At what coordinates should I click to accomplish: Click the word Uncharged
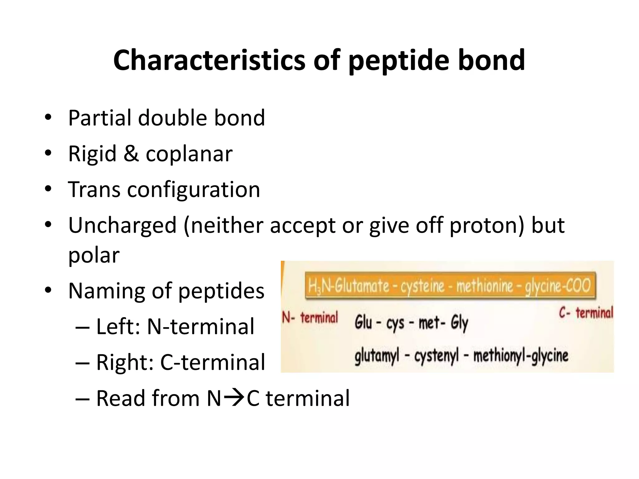[123, 225]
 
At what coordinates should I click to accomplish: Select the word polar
[94, 255]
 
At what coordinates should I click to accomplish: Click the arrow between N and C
[234, 398]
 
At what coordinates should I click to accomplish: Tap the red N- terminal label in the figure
[310, 318]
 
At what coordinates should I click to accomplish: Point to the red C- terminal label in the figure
[586, 313]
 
